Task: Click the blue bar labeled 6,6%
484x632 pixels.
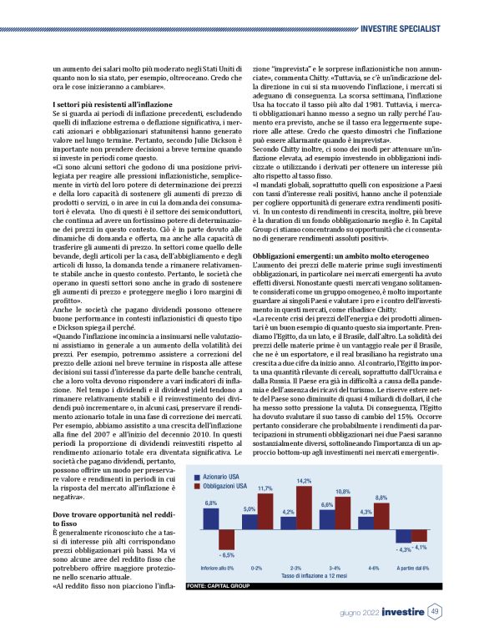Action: [x=326, y=520]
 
